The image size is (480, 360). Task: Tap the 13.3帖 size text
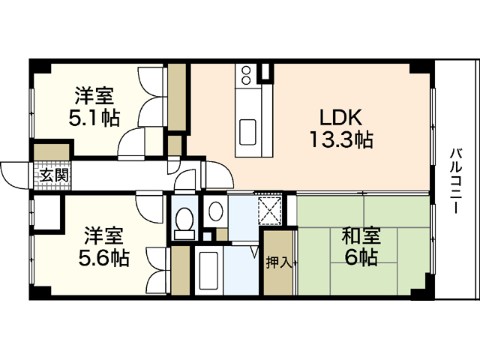[341, 139]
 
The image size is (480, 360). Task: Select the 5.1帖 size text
[94, 118]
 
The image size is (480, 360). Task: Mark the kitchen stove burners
[245, 75]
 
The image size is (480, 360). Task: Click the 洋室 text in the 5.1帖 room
[94, 97]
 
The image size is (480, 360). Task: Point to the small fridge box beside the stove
[264, 73]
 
